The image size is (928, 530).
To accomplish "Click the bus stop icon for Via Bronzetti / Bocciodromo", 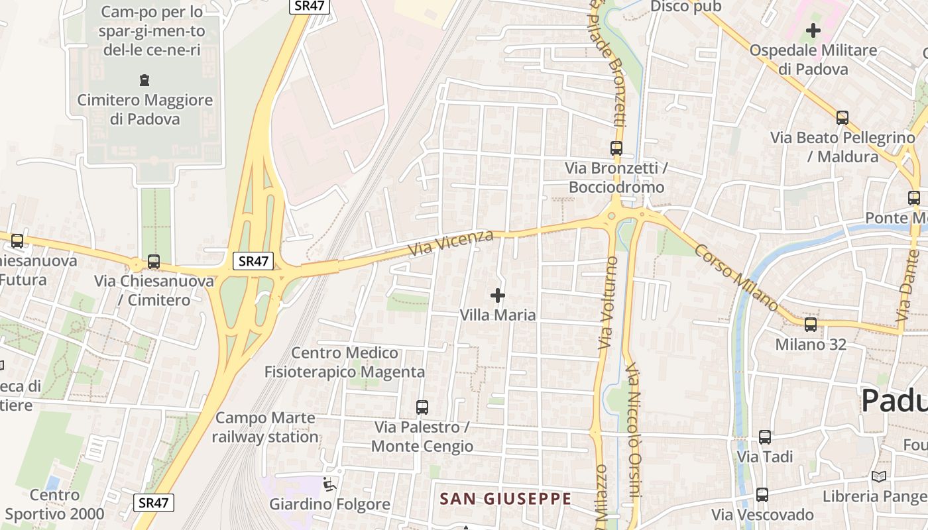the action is click(x=616, y=148).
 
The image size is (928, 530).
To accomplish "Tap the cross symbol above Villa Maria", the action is click(x=497, y=295).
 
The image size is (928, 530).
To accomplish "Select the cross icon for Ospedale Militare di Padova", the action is click(x=813, y=30).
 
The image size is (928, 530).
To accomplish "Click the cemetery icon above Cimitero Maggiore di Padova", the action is click(x=145, y=81).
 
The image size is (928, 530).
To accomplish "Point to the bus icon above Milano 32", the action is click(x=810, y=325).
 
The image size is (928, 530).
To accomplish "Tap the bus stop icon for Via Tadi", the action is click(x=765, y=437).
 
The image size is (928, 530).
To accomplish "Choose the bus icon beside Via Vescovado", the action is click(x=762, y=494).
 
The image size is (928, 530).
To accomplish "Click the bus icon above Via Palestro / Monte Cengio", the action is click(x=422, y=407).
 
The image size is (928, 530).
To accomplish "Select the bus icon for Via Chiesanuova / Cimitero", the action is click(x=154, y=262).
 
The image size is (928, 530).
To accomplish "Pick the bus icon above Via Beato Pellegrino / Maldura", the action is click(x=842, y=118).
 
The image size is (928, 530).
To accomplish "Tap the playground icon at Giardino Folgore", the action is click(x=329, y=485).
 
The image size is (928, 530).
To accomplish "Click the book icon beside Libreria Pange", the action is click(x=879, y=476).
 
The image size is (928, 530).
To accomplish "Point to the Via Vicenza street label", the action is click(x=451, y=244).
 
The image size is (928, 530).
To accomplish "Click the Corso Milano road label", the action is click(x=736, y=277).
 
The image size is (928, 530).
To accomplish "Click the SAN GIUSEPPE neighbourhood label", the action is click(x=505, y=499).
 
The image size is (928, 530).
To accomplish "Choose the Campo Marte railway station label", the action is click(x=265, y=427).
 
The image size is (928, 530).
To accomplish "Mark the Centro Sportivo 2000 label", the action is click(x=55, y=504).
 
